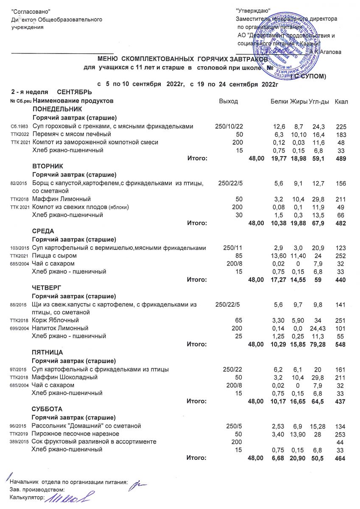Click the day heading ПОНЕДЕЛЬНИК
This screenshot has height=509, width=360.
click(x=54, y=109)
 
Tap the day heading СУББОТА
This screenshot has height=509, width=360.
click(x=47, y=409)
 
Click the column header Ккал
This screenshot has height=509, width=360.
click(x=341, y=102)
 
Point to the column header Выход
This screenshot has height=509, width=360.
click(x=228, y=102)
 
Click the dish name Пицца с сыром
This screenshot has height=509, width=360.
click(x=53, y=256)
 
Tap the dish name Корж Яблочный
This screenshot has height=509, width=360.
click(x=56, y=320)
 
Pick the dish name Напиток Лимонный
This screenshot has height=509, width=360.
click(x=60, y=328)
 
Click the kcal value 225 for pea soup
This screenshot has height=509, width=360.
click(x=341, y=126)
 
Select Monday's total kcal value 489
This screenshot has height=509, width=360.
click(x=341, y=159)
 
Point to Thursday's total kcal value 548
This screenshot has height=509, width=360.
click(x=341, y=344)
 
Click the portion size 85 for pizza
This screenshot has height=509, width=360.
click(x=238, y=256)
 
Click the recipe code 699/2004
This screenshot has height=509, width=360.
click(x=19, y=329)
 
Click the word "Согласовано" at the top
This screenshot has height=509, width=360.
click(x=29, y=11)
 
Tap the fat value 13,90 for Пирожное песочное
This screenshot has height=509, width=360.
click(x=298, y=434)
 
